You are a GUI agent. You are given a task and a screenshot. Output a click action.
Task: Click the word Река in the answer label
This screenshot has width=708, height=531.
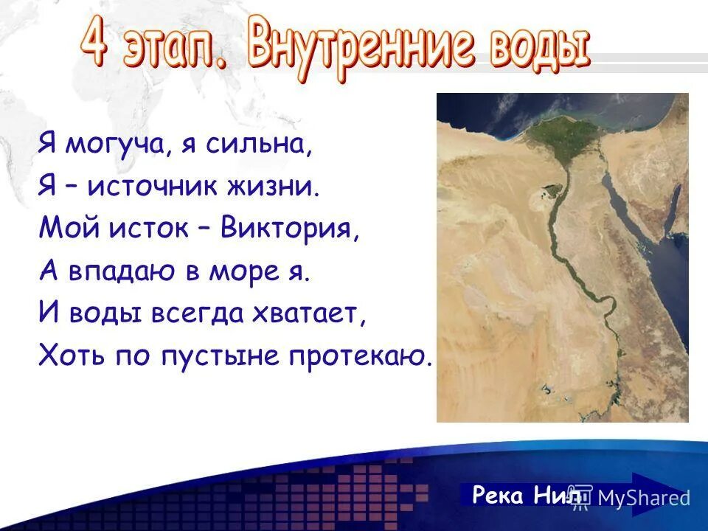(499, 495)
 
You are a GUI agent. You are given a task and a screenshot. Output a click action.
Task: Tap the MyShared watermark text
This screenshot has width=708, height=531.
(643, 498)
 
